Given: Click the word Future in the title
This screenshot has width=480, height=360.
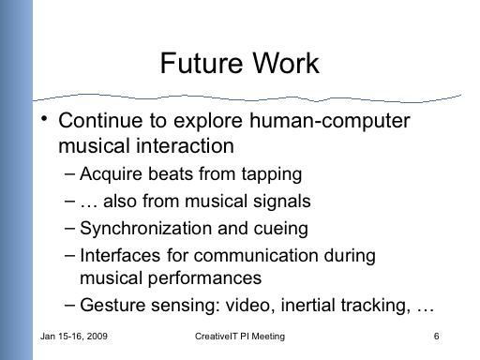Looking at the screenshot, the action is [x=201, y=63].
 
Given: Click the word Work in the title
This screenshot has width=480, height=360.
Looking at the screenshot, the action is [x=286, y=63].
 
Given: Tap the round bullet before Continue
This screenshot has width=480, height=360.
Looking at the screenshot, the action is [x=44, y=119].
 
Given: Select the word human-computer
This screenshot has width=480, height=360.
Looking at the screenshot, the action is [x=330, y=121].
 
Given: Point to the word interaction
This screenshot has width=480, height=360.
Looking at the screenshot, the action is [x=185, y=145].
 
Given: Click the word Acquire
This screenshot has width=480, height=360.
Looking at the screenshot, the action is [x=111, y=174].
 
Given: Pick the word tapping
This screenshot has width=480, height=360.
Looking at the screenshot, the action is [x=272, y=174].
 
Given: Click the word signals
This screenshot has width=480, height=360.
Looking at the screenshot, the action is [x=282, y=202].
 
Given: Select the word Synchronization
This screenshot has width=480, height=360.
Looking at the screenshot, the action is [x=146, y=228].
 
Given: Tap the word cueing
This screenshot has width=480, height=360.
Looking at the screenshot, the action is [x=280, y=229].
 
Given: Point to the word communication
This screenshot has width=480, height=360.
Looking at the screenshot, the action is [x=256, y=255].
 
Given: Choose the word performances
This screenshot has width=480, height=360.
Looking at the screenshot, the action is [x=204, y=278].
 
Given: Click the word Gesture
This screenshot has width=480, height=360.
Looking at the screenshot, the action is [x=112, y=305].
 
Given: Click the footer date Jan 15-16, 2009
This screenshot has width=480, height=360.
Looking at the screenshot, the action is [x=74, y=337].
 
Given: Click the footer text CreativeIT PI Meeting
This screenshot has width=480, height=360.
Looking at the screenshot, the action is [x=240, y=337].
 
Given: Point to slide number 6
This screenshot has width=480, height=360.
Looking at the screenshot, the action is [x=436, y=337].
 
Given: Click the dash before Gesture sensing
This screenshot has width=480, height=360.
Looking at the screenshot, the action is [x=69, y=306].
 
